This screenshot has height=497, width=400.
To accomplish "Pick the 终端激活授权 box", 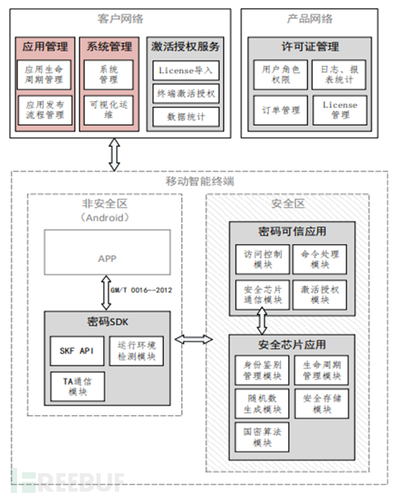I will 186,94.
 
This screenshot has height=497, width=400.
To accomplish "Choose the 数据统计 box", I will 186,117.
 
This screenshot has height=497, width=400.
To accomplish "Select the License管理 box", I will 340,110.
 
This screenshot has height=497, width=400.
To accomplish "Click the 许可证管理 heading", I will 310,46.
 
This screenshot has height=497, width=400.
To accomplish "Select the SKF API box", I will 77,351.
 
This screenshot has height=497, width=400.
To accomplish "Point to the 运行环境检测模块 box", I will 136,351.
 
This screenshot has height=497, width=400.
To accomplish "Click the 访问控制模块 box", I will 261,259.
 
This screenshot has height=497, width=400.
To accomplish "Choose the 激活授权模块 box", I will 320,294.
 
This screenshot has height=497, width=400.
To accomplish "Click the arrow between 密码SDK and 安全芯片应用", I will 196,339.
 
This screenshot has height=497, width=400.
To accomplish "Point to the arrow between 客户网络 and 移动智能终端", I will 114,154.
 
